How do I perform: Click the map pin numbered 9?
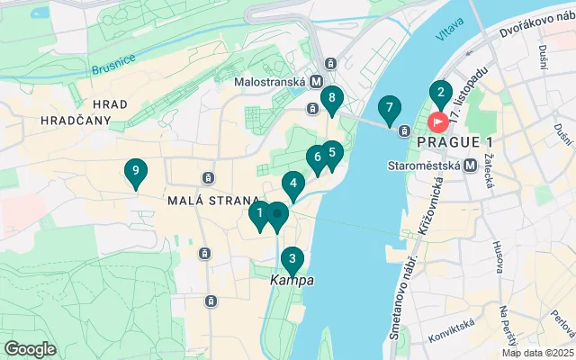[x=135, y=171]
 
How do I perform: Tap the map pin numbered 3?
[x=292, y=259]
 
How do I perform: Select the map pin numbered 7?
[x=389, y=109]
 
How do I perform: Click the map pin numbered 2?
[x=440, y=92]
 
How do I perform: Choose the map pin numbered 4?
[x=292, y=184]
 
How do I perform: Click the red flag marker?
[x=439, y=121]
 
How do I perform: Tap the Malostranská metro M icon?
[x=316, y=81]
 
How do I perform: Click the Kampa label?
[x=292, y=281]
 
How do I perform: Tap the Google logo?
[x=31, y=348]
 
